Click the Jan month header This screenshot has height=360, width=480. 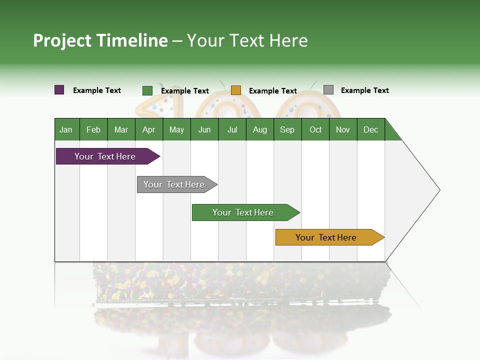[66, 129]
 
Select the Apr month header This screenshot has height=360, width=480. [149, 129]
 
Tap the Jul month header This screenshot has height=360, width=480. [232, 129]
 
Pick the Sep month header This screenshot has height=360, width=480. [287, 129]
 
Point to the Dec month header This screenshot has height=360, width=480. [370, 129]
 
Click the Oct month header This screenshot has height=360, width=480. [315, 129]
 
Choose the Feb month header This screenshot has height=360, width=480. [93, 129]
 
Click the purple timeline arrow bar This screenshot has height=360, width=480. [105, 156]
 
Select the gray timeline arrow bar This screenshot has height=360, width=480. [174, 184]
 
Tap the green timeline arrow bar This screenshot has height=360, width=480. [243, 212]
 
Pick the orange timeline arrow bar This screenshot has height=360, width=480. [326, 237]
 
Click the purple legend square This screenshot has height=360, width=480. [59, 90]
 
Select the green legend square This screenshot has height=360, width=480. [147, 90]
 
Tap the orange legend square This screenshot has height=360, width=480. [236, 90]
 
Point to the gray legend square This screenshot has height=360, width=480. [328, 90]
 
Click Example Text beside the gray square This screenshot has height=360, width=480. [364, 90]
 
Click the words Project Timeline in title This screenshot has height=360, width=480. [100, 40]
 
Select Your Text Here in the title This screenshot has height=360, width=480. [247, 40]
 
